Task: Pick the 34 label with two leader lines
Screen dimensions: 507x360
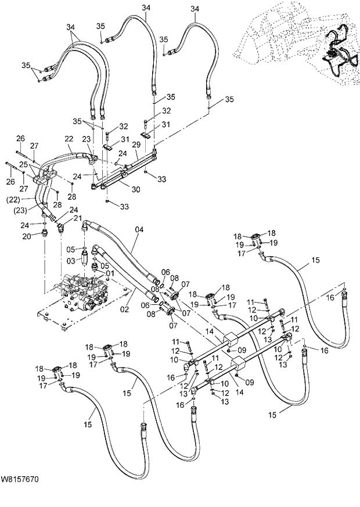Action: pos(70,27)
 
